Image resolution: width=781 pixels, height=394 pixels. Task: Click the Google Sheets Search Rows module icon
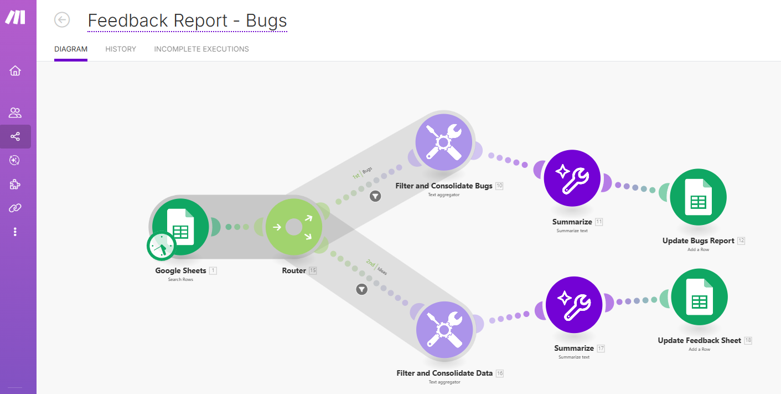point(181,226)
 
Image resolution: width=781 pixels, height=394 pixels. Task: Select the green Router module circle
point(293,227)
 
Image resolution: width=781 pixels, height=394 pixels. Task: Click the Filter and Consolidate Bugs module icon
point(444,142)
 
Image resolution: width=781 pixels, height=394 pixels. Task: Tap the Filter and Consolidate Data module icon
point(444,330)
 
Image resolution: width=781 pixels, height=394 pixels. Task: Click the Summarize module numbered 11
point(572,178)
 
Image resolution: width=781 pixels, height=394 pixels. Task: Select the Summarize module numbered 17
point(574,305)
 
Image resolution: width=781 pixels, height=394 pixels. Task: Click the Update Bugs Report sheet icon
point(698,197)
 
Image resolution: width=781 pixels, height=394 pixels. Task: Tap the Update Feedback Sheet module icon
point(699,298)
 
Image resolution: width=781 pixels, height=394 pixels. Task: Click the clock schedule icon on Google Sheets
point(161,246)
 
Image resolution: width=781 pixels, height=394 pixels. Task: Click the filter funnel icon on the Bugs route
point(375,196)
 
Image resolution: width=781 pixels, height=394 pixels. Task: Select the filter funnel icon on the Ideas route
point(361,289)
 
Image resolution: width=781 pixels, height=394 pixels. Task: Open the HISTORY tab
point(121,49)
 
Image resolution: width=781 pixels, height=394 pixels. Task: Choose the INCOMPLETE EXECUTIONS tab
point(201,49)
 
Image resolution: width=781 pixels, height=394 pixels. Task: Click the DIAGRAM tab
point(71,49)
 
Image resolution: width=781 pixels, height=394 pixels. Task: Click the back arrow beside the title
point(62,20)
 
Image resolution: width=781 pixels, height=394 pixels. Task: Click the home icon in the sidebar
point(15,70)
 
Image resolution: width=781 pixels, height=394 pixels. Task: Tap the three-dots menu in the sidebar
point(15,232)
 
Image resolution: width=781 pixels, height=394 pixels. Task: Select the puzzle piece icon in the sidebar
point(15,184)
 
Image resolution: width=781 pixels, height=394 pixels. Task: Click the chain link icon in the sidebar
point(15,208)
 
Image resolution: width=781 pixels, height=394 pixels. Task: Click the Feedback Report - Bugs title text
point(187,21)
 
